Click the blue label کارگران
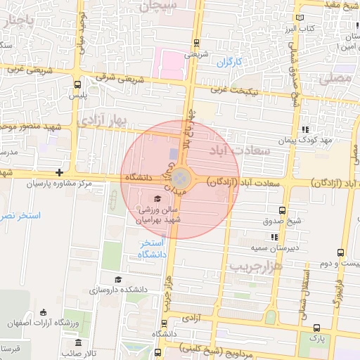coord(229,63)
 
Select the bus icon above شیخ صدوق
coord(282,210)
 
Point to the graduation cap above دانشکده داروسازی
coord(117,279)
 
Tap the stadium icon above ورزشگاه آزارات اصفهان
coord(44,312)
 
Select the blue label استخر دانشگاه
coord(153,248)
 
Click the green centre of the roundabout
coord(181,176)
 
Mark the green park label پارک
coord(308,338)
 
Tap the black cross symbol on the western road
coord(60,172)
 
